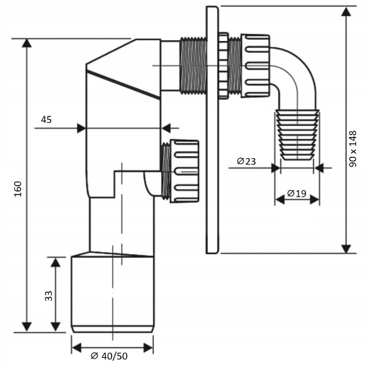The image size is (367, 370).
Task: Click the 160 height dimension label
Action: coord(18,189)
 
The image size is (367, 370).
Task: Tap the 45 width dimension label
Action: coord(46,120)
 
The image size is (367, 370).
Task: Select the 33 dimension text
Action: coord(49,296)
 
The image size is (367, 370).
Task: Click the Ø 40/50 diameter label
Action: coord(109,356)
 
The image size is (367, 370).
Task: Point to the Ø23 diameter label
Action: coord(247,161)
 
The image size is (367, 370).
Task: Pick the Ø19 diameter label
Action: coord(297,193)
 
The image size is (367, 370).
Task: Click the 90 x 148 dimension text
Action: coord(353,149)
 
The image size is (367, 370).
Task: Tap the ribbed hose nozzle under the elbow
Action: coord(297,134)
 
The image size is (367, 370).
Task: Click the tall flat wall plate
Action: coord(212,130)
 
